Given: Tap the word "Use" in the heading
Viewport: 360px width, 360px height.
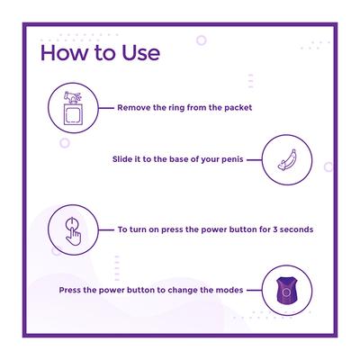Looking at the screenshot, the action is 140,53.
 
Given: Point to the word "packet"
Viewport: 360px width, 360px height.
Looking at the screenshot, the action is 238,108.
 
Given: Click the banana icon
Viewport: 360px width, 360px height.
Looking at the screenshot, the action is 287,160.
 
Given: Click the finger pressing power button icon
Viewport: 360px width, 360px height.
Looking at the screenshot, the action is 73,230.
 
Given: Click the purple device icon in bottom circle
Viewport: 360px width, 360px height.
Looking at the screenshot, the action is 287,291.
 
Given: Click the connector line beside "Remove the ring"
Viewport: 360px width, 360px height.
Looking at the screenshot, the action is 106,108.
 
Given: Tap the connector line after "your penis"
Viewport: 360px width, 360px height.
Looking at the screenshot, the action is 255,159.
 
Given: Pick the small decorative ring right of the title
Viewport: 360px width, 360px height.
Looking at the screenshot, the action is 202,40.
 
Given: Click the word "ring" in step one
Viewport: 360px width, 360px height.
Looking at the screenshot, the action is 176,108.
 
